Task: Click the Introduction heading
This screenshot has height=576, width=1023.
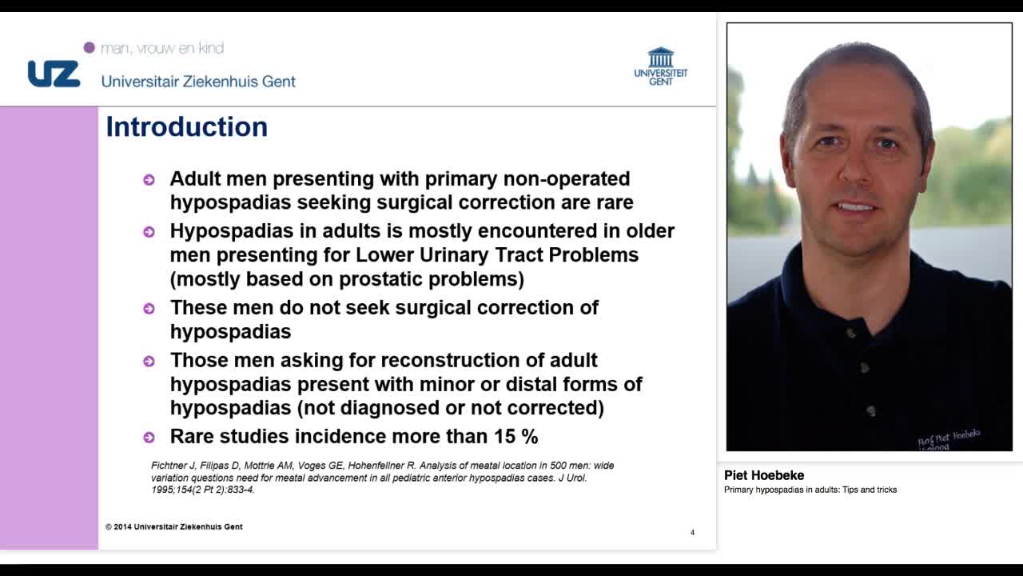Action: pos(186,127)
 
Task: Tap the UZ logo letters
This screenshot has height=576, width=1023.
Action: pos(54,74)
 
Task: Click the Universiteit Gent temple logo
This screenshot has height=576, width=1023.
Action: pos(661,58)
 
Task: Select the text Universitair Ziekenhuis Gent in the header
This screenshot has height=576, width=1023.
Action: pos(198,82)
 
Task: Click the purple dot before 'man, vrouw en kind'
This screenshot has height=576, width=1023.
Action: pos(90,48)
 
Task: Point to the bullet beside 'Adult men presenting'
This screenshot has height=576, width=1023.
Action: pos(149,179)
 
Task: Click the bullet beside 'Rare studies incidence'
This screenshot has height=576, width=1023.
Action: pos(149,437)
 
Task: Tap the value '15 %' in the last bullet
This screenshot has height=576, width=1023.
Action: pos(519,436)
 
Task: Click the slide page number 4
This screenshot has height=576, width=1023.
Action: pos(692,532)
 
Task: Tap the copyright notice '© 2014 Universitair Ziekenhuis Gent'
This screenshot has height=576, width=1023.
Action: pos(174,526)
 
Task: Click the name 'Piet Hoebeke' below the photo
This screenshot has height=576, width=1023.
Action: pos(764,475)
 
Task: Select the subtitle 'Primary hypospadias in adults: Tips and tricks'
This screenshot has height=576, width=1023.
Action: pos(810,490)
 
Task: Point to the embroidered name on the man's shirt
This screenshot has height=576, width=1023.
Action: pos(949,438)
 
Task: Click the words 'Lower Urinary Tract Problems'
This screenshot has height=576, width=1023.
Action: pos(497,255)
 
